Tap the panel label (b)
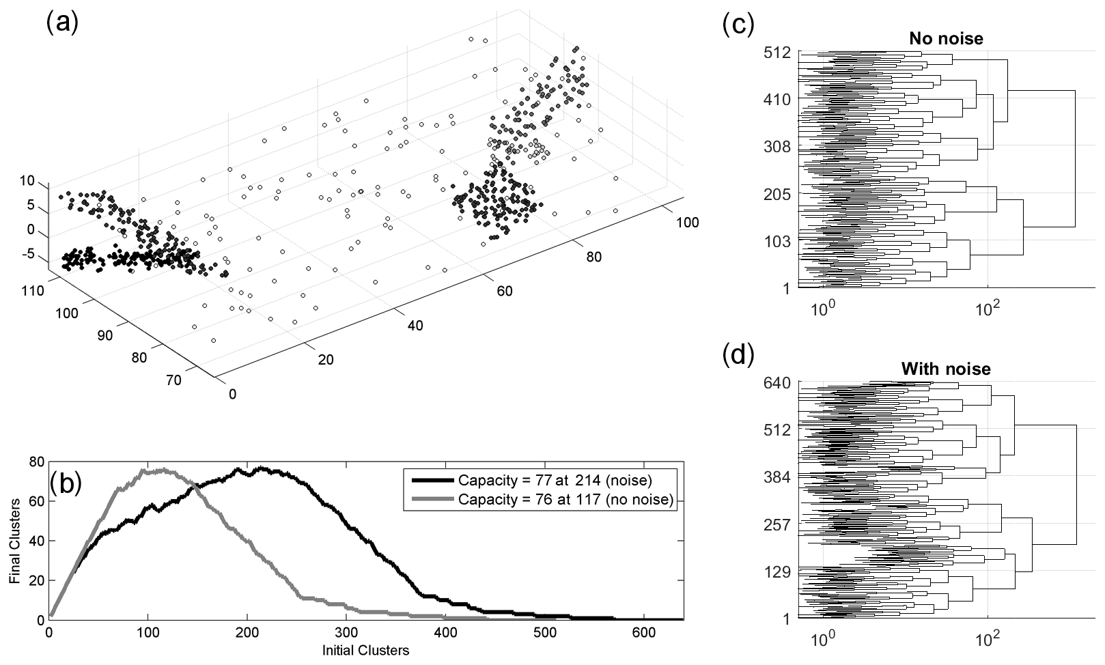pos(66,482)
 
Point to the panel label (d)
pos(738,355)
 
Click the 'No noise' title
pos(945,39)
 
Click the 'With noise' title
pos(945,369)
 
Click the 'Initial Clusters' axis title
pos(365,650)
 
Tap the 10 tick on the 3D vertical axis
pos(27,181)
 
